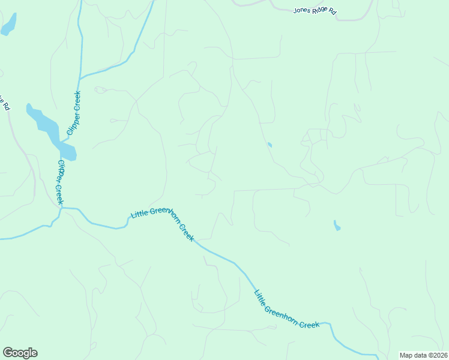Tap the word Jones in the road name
302,10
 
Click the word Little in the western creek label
140,215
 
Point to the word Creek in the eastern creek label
310,325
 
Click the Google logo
20,353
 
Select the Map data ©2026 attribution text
423,355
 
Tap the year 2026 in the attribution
439,355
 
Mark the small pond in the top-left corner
9,25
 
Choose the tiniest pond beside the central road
270,145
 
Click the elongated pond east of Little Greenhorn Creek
337,226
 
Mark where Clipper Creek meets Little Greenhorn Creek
61,208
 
